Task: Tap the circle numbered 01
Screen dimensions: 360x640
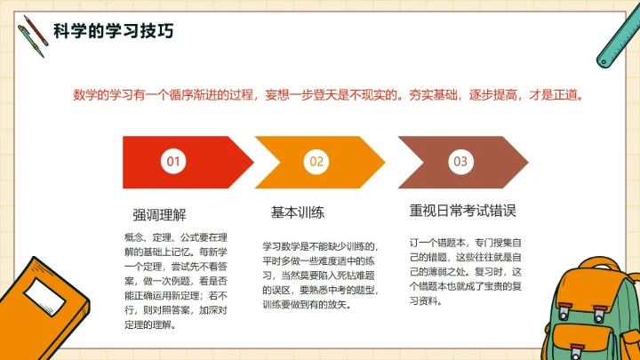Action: tap(174, 161)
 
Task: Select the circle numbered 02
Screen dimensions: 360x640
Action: tap(317, 161)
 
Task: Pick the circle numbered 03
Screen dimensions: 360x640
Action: tap(460, 161)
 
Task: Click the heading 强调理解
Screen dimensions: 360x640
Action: tap(159, 214)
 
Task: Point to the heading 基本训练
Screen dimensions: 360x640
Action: tap(297, 212)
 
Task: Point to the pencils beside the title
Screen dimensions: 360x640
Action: tap(32, 31)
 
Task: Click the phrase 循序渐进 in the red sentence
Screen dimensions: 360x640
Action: tap(202, 94)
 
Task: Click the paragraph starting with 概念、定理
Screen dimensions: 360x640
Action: tap(176, 281)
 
